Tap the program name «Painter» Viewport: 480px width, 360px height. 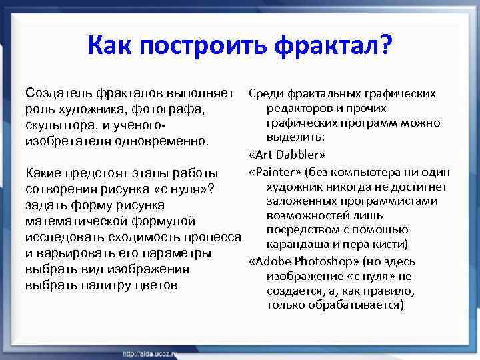275,171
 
